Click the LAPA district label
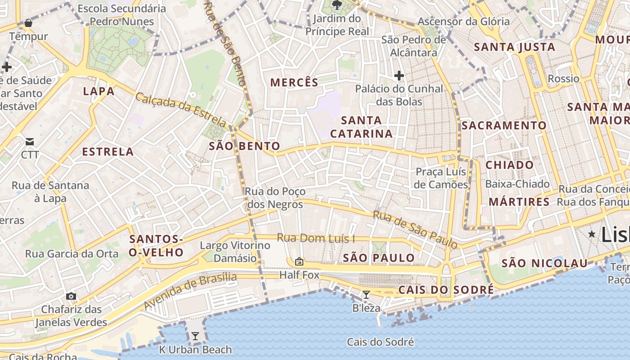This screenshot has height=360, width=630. pos(99,91)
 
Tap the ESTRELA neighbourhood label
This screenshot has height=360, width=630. pos(108,152)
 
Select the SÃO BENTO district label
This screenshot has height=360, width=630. pos(245,146)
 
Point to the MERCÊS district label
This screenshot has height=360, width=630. pos(294,82)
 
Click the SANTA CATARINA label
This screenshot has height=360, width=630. pos(361,127)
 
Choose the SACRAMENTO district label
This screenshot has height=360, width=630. pos(504,126)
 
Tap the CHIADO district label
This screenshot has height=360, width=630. pos(509,165)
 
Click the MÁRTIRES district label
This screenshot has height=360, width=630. pos(519,202)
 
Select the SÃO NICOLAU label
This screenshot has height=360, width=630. pos(544,263)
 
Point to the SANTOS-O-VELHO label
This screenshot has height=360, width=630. pos(156,246)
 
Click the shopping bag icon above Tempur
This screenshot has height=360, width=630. pos(28,22)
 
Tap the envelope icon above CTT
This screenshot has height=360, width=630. pos(30,142)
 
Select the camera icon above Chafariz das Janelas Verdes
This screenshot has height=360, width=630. pos(71,296)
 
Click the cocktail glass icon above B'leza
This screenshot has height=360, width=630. pos(366,295)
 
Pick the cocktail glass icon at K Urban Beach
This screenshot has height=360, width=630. pos(195,336)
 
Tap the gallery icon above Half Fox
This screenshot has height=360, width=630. pos(299,261)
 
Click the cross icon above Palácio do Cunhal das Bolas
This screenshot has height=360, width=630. pos(399,75)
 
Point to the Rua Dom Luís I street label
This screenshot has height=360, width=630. pos(316,238)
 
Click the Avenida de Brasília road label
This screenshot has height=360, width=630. pos(190,291)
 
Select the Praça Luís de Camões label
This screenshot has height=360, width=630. pos(441,178)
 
